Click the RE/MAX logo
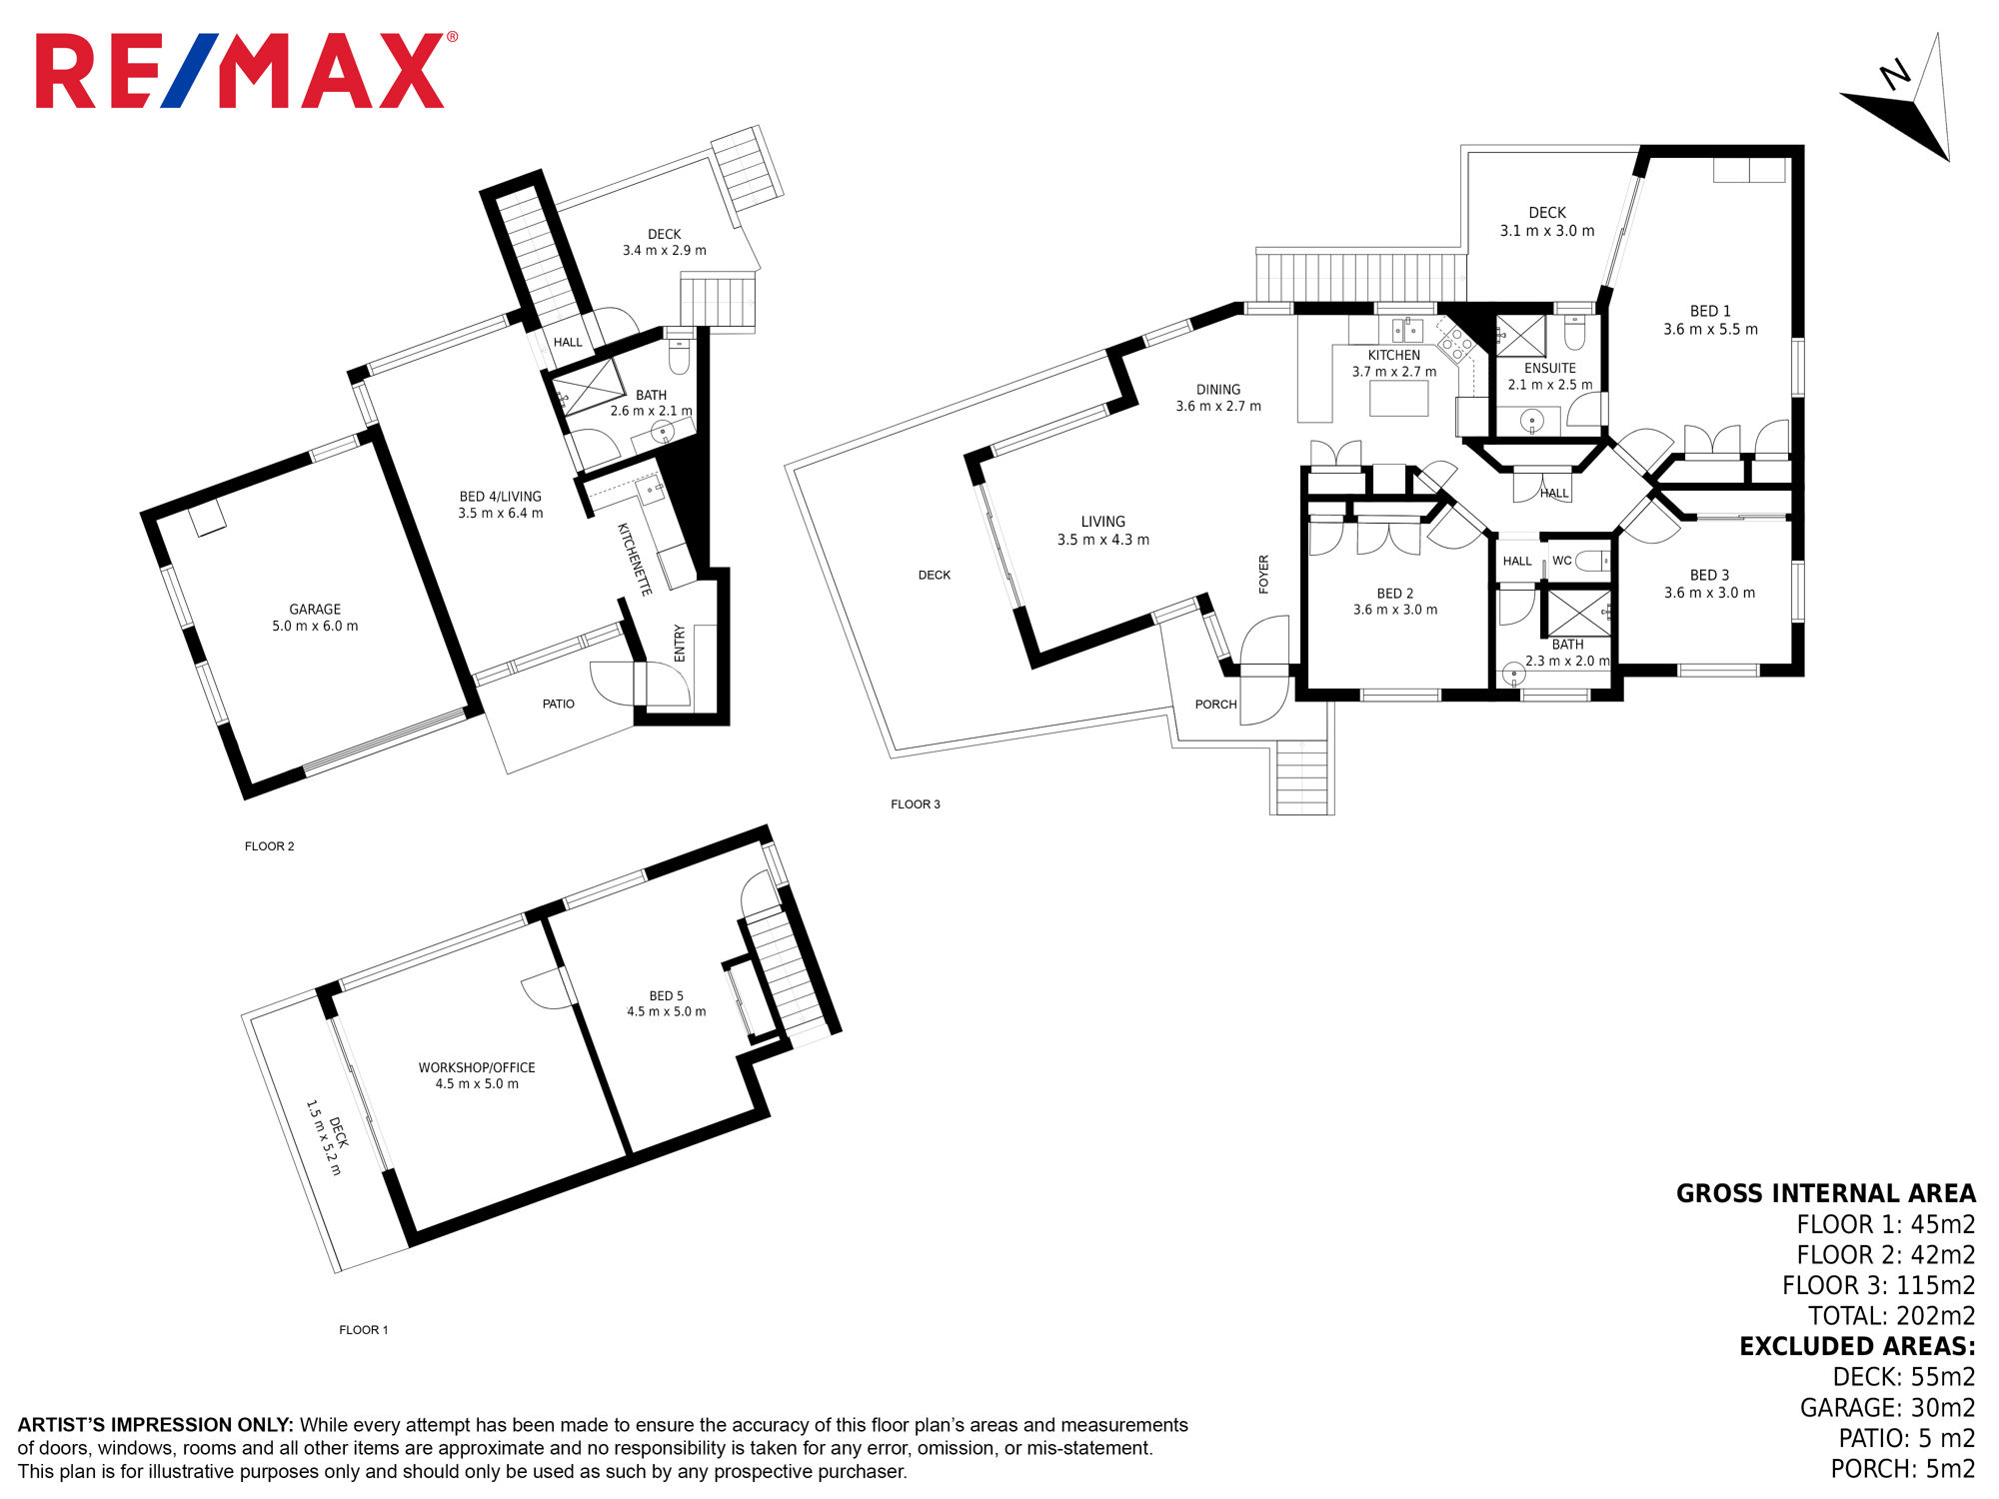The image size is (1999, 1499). click(x=246, y=70)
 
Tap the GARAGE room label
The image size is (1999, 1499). click(x=315, y=609)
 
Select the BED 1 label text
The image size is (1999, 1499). click(x=1710, y=311)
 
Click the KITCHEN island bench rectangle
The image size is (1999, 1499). click(x=1398, y=398)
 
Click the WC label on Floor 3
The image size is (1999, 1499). click(x=1561, y=561)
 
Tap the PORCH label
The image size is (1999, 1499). click(x=1215, y=705)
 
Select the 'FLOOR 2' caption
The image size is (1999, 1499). click(x=270, y=846)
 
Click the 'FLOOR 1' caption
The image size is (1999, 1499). click(x=364, y=1330)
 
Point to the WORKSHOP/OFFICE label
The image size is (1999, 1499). click(x=477, y=1067)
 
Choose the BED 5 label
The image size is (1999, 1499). click(x=667, y=995)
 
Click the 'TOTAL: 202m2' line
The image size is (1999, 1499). click(x=1891, y=1316)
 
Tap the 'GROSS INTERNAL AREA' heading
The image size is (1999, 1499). click(x=1825, y=1193)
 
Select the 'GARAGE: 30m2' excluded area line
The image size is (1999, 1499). click(x=1887, y=1408)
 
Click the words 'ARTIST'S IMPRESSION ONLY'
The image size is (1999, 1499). click(x=155, y=1425)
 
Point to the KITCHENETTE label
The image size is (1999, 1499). click(x=635, y=560)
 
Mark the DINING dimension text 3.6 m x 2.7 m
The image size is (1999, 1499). click(x=1218, y=407)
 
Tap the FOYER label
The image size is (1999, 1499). click(x=1263, y=575)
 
